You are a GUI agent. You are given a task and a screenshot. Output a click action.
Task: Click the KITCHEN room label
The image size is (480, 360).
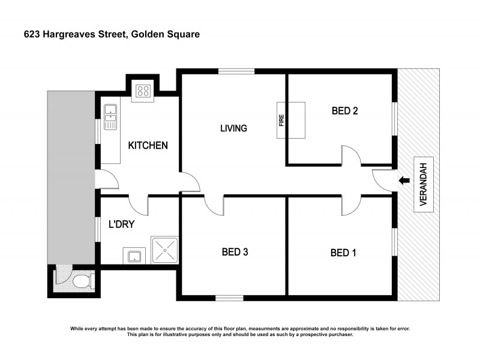(x=148, y=145)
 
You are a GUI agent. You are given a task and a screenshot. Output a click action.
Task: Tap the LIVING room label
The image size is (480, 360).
(x=233, y=128)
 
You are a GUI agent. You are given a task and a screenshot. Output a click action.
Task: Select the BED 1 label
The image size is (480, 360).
(x=343, y=253)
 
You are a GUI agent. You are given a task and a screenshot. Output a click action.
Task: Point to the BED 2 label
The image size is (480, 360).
(x=345, y=110)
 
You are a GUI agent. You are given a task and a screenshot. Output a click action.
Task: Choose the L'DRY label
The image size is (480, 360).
(x=121, y=225)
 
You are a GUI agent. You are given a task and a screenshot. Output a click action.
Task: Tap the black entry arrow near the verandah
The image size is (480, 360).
(x=404, y=179)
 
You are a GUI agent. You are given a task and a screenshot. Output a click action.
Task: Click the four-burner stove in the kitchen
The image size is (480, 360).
(x=143, y=91)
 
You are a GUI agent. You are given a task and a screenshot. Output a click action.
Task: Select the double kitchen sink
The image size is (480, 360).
(x=110, y=116)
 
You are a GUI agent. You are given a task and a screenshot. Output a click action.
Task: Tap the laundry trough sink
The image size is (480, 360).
(x=133, y=256)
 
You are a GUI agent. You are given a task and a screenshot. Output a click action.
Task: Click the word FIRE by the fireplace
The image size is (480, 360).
(x=281, y=121)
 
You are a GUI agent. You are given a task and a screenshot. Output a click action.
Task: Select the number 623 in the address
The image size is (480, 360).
(x=32, y=34)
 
